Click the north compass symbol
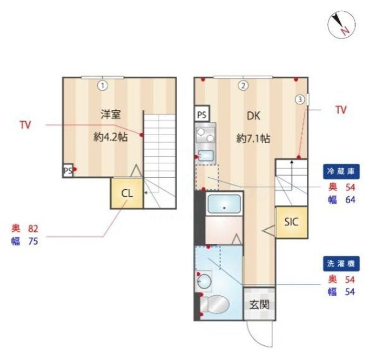coord(341,24)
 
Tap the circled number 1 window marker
coord(102,85)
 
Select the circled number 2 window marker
coord(244,85)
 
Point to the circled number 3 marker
coord(299,99)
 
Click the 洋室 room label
coord(110,114)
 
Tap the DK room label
coord(253,115)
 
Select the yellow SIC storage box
coord(292,222)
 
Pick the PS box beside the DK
coord(202,115)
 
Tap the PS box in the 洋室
coord(68,171)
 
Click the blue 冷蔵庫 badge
coord(341,172)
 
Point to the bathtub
coord(223,205)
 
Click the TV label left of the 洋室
coord(25,125)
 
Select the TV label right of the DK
coord(340,110)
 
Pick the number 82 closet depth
coord(33,229)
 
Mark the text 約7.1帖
coord(253,138)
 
